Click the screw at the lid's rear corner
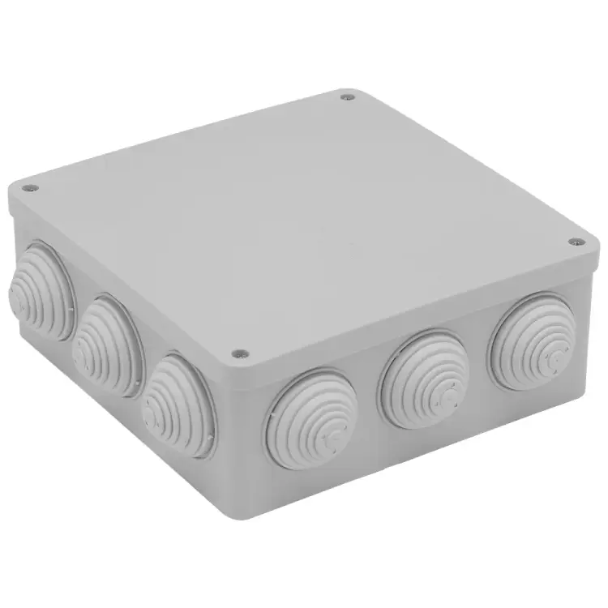(349, 97)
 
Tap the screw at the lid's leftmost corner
(32, 188)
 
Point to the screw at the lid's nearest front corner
(238, 353)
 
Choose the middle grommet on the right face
(423, 378)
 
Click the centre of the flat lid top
(300, 219)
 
